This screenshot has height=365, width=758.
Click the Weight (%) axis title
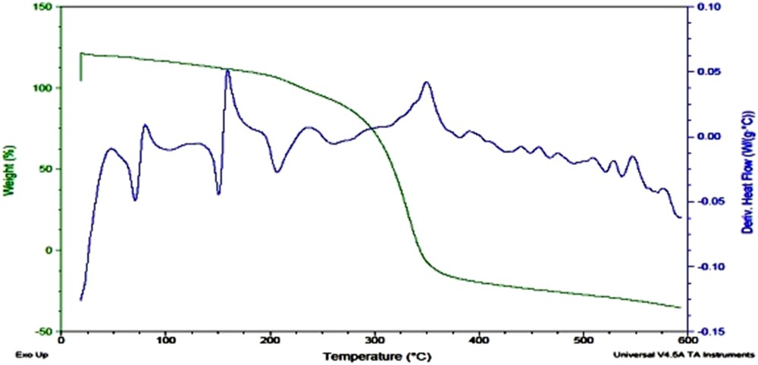pyautogui.click(x=11, y=167)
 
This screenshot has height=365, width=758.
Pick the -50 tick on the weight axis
pyautogui.click(x=45, y=332)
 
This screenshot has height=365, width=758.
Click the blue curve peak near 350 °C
pyautogui.click(x=426, y=82)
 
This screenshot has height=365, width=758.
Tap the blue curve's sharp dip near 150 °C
pyautogui.click(x=218, y=194)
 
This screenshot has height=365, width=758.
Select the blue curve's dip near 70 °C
pyautogui.click(x=135, y=200)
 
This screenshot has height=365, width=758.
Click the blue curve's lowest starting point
pyautogui.click(x=80, y=300)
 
